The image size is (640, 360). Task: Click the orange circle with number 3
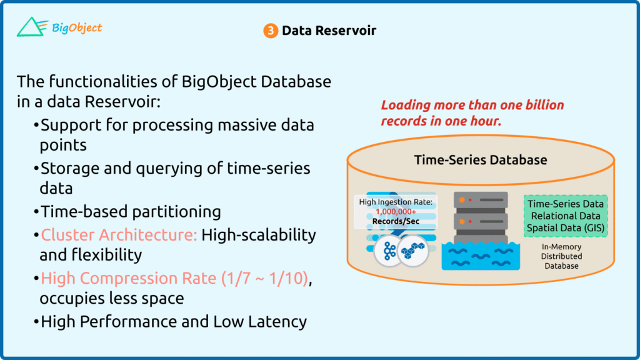270,31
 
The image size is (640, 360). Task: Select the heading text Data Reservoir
329,31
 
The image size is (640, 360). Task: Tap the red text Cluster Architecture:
119,235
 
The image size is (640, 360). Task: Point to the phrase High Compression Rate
129,278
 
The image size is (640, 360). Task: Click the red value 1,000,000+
396,211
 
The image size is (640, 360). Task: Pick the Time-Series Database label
481,159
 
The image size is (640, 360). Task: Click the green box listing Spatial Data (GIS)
565,216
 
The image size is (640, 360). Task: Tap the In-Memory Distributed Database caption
562,256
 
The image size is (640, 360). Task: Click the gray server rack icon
481,217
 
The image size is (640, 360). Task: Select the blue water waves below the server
481,256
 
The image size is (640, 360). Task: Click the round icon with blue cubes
413,251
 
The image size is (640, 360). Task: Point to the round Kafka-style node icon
389,251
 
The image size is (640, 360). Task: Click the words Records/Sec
396,221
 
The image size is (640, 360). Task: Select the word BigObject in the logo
77,27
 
